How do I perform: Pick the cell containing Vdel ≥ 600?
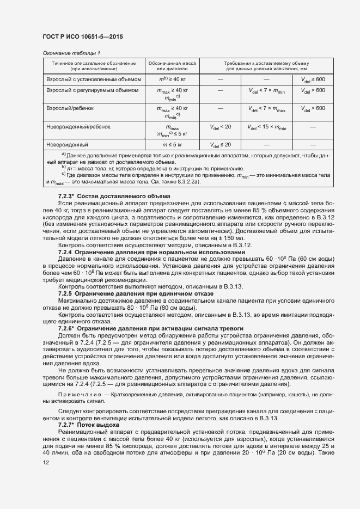pyautogui.click(x=313, y=79)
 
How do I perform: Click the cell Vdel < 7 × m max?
pyautogui.click(x=267, y=108)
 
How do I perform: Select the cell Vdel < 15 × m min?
pyautogui.click(x=267, y=127)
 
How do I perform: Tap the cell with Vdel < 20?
pyautogui.click(x=220, y=126)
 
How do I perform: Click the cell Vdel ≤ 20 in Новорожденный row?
pyautogui.click(x=220, y=144)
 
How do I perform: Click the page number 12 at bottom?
pyautogui.click(x=46, y=462)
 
